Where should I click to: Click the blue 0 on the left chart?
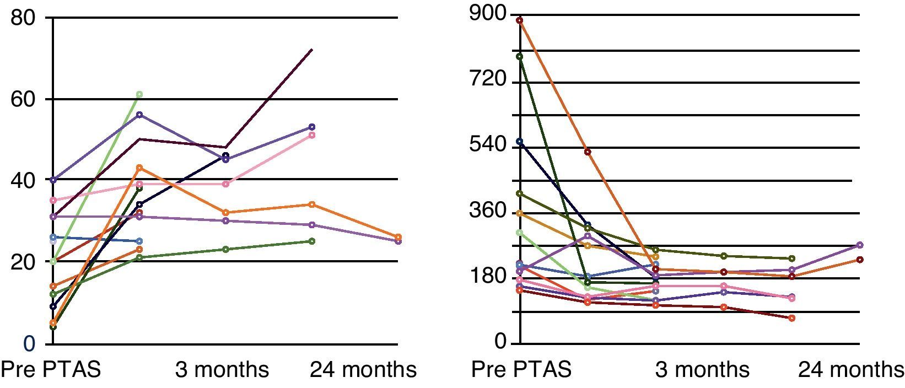click(29, 343)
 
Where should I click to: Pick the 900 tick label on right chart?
click(487, 14)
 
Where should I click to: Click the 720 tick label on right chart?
click(487, 80)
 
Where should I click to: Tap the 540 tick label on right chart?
click(487, 145)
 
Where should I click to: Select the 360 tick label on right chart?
click(487, 211)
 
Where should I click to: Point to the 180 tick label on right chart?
click(487, 276)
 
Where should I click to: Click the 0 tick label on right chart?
click(500, 342)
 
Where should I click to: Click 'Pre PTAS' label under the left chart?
click(52, 369)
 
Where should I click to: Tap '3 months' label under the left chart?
click(222, 369)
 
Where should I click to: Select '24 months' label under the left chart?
click(363, 369)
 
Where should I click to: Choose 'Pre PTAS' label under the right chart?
click(521, 369)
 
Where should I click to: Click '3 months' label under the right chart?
click(702, 369)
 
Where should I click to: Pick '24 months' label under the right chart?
click(851, 369)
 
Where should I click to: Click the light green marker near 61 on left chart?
click(139, 94)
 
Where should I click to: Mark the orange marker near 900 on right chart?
click(519, 20)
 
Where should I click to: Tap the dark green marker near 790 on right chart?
click(519, 56)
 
